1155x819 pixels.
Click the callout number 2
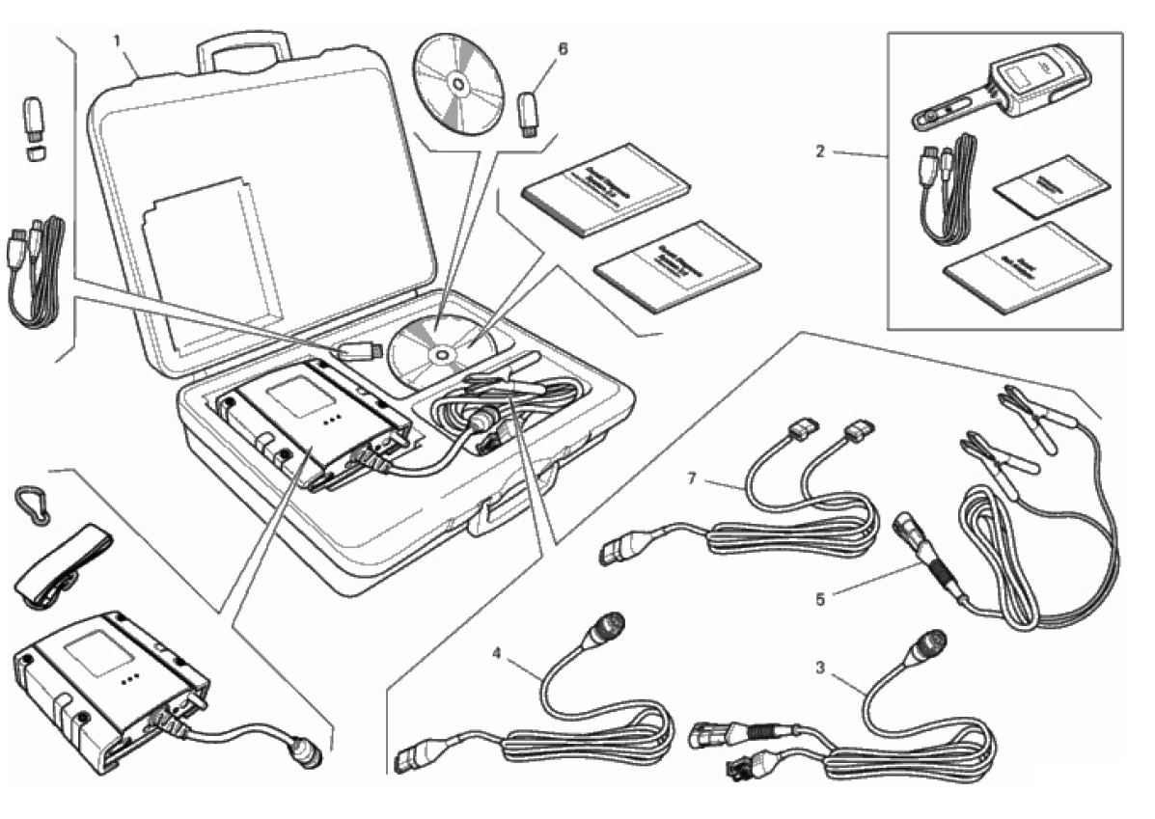819,152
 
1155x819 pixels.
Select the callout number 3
819,666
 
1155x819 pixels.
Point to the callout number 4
496,653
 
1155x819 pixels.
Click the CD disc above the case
459,85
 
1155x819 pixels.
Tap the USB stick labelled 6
529,113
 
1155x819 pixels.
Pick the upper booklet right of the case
587,189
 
